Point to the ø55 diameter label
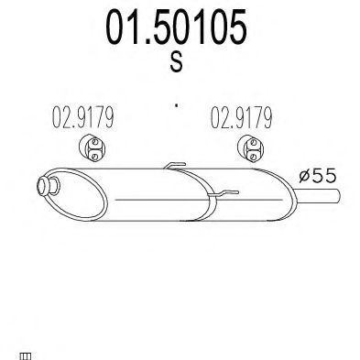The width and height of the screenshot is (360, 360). click(318, 174)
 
